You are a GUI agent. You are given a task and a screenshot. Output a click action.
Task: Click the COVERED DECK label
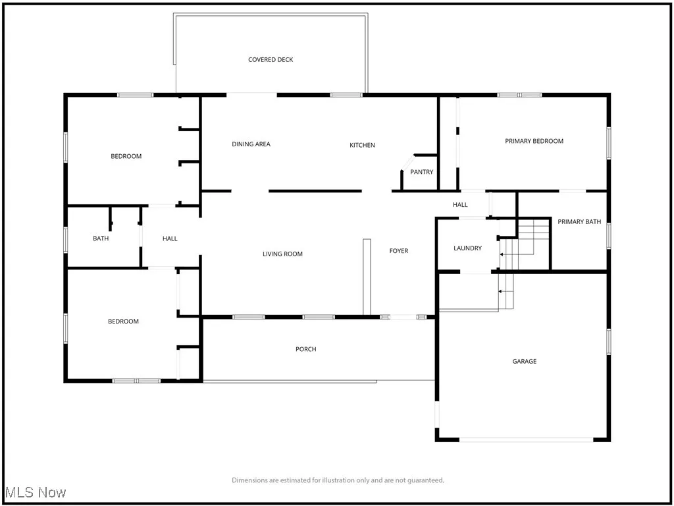(271, 60)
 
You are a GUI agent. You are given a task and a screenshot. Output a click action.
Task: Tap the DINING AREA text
(251, 144)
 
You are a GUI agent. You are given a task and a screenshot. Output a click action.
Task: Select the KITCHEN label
(362, 145)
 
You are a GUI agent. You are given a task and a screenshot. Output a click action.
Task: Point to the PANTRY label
(422, 173)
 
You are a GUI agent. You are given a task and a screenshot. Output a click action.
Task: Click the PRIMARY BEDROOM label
(534, 141)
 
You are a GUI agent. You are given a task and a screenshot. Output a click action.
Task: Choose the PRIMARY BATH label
(579, 222)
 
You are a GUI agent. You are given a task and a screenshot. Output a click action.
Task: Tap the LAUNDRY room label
(467, 248)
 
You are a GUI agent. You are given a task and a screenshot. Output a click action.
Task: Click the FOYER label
(398, 251)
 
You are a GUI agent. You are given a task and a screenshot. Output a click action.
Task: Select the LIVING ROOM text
(282, 254)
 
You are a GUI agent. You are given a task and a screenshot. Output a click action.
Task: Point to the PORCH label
(305, 349)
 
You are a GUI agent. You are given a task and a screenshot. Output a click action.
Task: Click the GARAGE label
(525, 361)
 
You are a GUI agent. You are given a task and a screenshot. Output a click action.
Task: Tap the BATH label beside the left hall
(101, 239)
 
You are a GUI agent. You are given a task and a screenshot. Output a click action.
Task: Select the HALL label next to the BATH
(170, 239)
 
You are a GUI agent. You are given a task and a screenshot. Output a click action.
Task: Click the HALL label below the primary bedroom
(460, 205)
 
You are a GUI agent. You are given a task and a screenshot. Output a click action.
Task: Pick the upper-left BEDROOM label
(126, 156)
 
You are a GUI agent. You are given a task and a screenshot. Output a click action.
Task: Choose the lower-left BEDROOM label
(123, 322)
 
